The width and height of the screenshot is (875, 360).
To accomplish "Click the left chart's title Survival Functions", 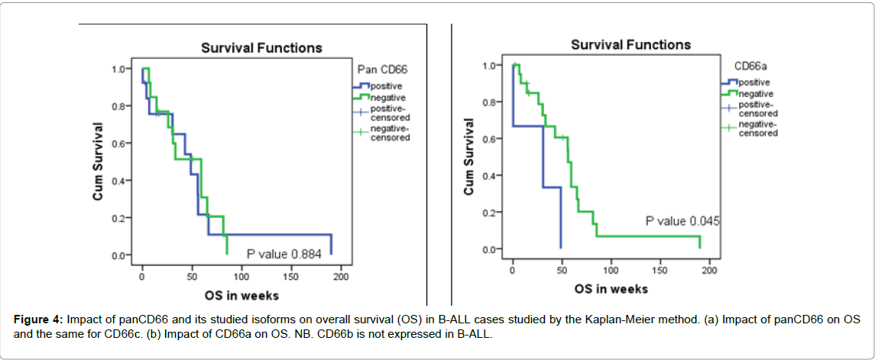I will tap(261, 48).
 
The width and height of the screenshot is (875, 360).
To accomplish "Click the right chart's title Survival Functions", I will tap(630, 45).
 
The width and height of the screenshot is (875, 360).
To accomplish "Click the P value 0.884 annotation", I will tap(282, 253).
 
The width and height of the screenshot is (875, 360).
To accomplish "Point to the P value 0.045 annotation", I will tap(682, 222).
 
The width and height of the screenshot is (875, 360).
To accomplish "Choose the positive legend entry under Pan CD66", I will tap(386, 86).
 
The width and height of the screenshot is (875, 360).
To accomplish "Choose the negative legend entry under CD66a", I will tap(755, 93).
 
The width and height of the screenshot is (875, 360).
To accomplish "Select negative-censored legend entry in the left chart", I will tap(390, 134).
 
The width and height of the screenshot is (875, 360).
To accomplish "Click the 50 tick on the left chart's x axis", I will tap(190, 276).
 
